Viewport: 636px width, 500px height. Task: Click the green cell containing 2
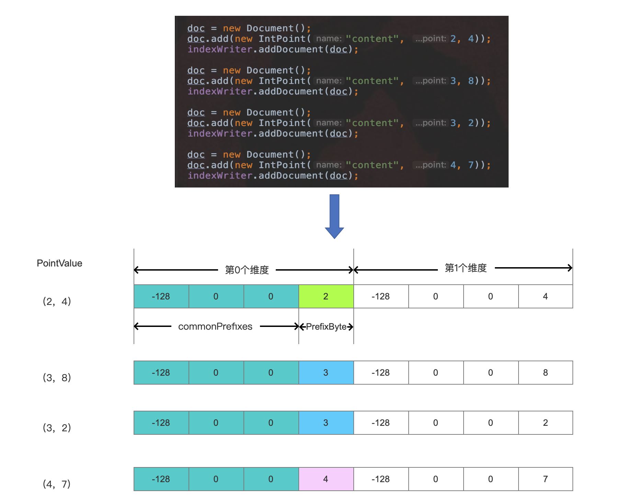pos(326,296)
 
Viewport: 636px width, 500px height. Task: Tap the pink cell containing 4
pos(326,479)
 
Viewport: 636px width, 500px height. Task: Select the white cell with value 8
pos(546,373)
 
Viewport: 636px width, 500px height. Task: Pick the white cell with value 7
pos(546,479)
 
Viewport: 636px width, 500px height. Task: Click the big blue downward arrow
pos(334,216)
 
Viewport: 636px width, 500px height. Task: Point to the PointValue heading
pos(59,263)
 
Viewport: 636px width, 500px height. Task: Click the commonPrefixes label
pos(215,327)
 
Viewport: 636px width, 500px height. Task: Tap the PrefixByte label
pos(326,327)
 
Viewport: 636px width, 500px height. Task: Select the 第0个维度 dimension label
pos(247,270)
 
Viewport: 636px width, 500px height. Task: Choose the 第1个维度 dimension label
pos(466,268)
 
